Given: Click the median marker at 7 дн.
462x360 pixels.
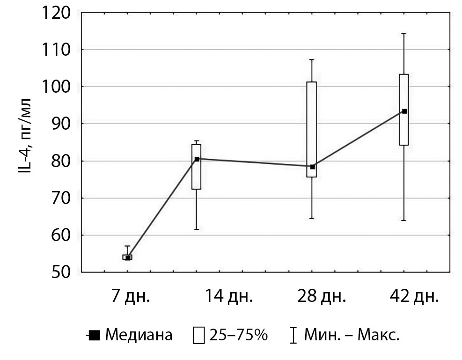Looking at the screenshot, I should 128,257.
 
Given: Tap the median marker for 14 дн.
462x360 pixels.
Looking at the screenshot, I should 197,159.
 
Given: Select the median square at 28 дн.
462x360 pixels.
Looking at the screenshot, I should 312,167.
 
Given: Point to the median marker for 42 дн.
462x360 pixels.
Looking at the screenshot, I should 404,111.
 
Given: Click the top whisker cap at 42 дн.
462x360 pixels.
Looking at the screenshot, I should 404,34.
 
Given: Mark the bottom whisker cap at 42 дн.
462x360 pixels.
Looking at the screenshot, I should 404,220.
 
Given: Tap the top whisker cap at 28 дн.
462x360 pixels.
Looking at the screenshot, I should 312,59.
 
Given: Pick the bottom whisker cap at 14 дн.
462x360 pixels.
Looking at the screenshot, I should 197,229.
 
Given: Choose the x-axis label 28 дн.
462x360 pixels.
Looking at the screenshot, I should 322,297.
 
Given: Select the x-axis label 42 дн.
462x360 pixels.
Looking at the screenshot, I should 415,297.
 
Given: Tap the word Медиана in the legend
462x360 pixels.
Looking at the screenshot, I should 139,335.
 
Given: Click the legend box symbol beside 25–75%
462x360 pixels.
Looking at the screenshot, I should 198,336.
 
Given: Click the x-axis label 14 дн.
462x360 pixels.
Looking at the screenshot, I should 228,297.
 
